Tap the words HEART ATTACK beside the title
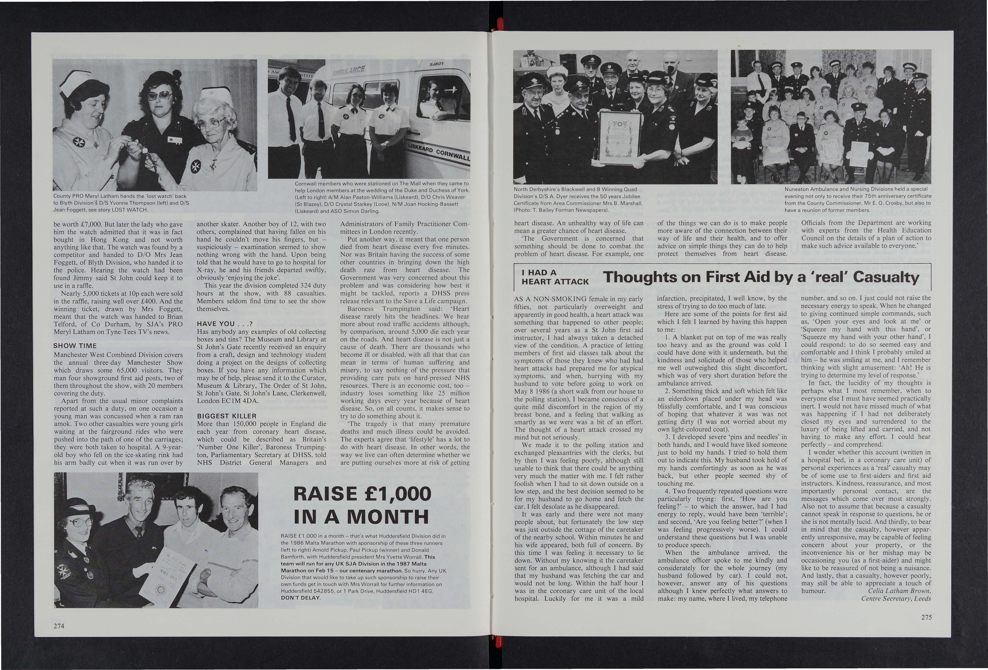click(555, 281)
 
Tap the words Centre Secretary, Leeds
click(896, 599)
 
